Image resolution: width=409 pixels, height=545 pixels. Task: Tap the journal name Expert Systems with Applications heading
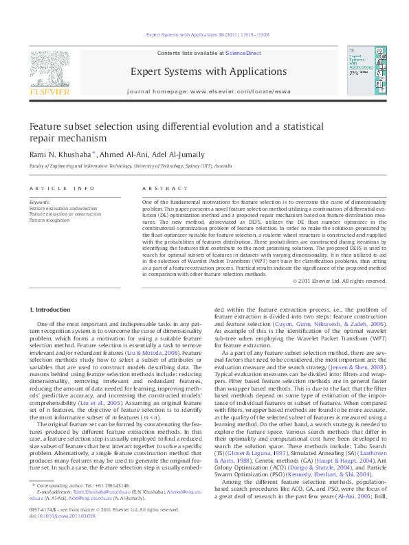(x=204, y=71)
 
